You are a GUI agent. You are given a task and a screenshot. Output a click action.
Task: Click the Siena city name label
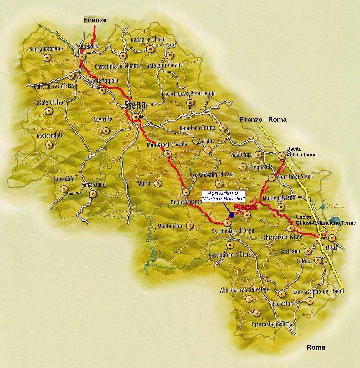[x=135, y=105]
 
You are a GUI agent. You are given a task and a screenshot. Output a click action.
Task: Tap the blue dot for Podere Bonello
[x=232, y=215]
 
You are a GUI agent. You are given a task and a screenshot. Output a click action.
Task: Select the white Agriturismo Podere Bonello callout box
[x=223, y=196]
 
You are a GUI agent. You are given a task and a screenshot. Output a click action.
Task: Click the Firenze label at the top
[x=95, y=20]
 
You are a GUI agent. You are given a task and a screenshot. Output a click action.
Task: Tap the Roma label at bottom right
[x=316, y=347]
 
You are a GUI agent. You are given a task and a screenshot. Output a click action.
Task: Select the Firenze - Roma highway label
[x=263, y=119]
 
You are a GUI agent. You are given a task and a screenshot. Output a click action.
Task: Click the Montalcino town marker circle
[x=190, y=225]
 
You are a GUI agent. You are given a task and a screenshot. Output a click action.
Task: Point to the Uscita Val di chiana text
[x=301, y=152]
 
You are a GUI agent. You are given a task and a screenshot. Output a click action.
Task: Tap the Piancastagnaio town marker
[x=257, y=313]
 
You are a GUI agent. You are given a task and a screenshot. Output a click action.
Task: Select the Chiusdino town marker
[x=64, y=189]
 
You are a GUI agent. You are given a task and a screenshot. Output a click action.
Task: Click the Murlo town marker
[x=158, y=183]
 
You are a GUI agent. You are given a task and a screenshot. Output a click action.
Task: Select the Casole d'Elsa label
[x=47, y=102]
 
